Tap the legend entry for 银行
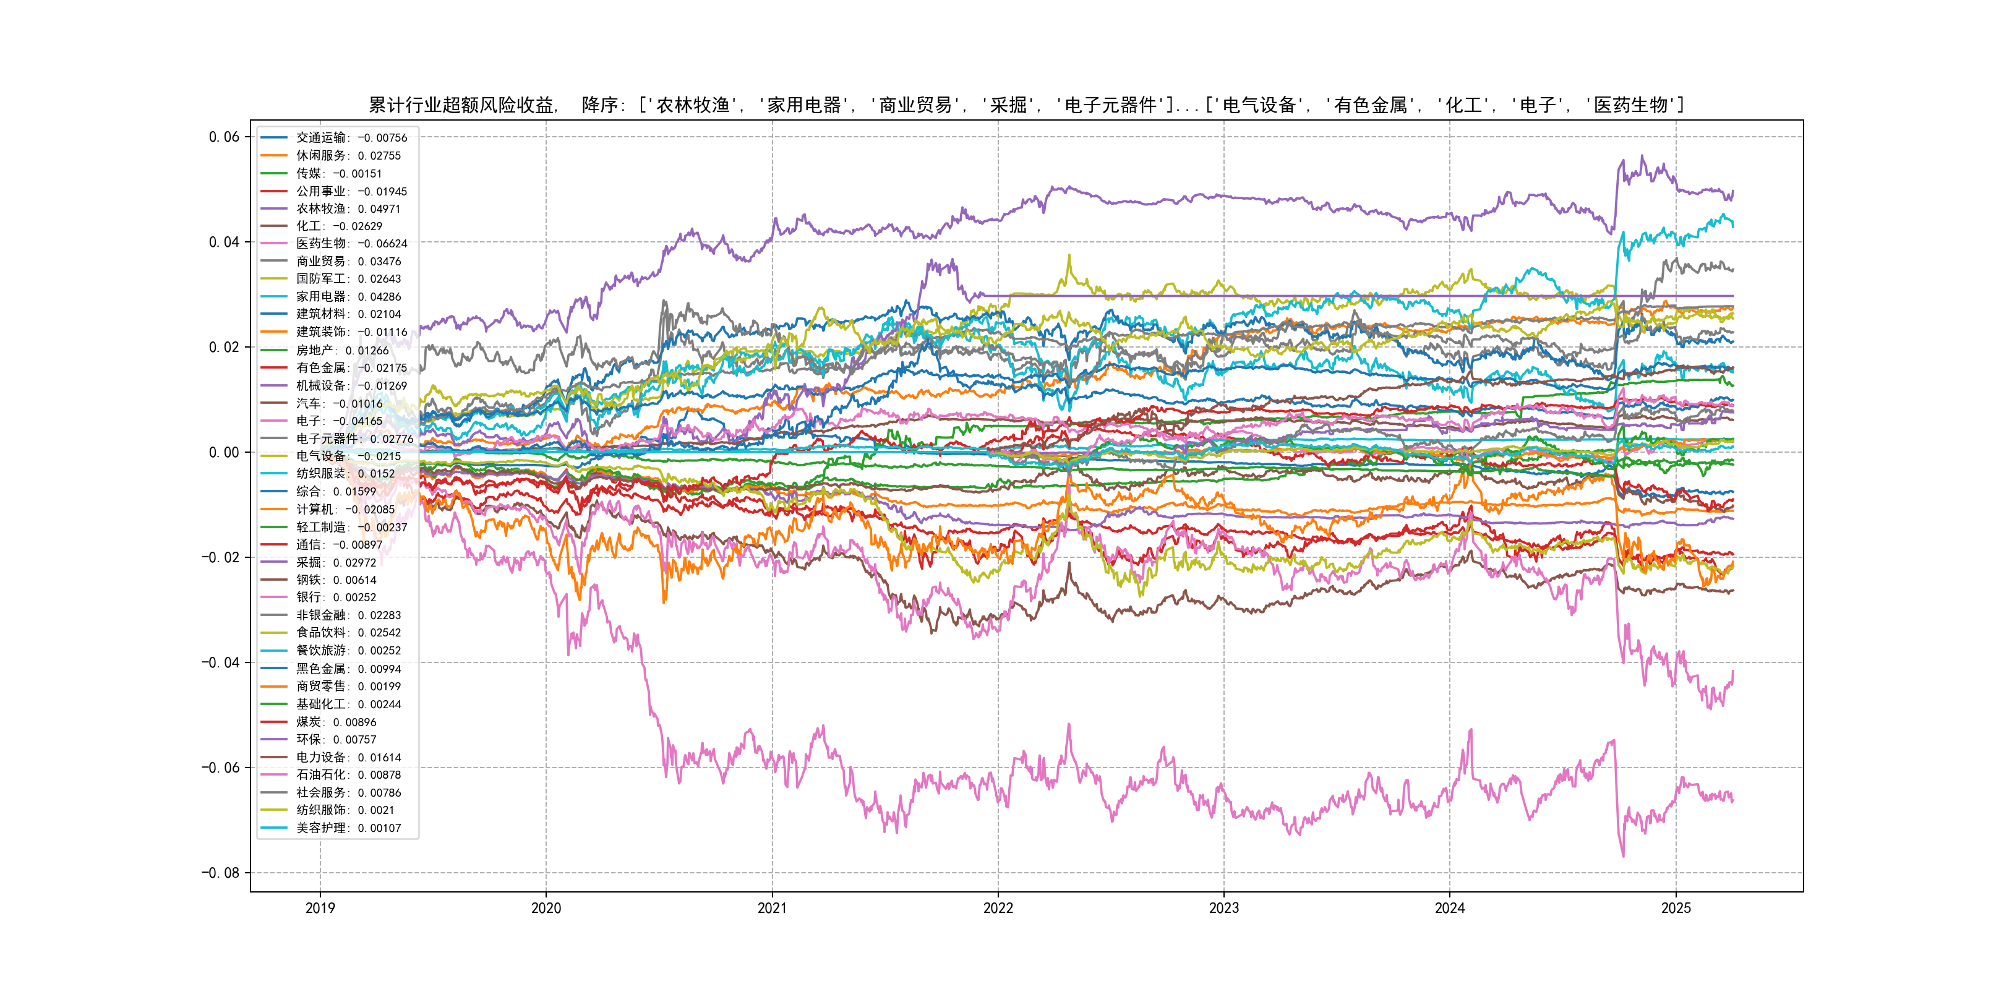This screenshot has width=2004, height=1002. pyautogui.click(x=335, y=597)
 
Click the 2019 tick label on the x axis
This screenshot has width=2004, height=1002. pyautogui.click(x=320, y=908)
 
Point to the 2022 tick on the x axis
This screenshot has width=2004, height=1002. pyautogui.click(x=998, y=908)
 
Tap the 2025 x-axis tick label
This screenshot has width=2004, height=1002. pyautogui.click(x=1676, y=908)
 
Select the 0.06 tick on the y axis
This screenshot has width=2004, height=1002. pyautogui.click(x=224, y=137)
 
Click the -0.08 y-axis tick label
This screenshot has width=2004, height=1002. pyautogui.click(x=220, y=873)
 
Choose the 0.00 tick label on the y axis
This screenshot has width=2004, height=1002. pyautogui.click(x=224, y=452)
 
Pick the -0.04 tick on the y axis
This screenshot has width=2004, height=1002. pyautogui.click(x=220, y=663)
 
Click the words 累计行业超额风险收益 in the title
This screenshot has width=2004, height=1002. pyautogui.click(x=461, y=105)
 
